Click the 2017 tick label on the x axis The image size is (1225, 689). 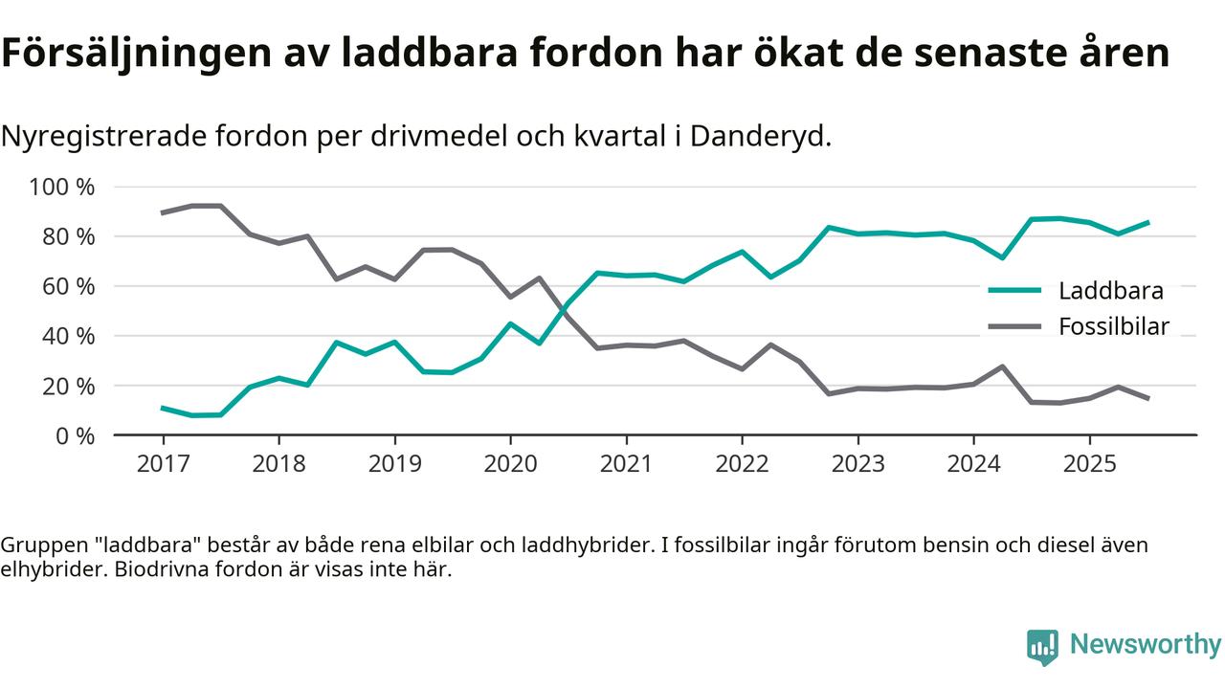pyautogui.click(x=163, y=464)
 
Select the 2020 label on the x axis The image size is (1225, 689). pyautogui.click(x=510, y=464)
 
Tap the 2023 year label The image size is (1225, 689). pyautogui.click(x=857, y=464)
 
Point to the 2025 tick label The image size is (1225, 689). pyautogui.click(x=1089, y=464)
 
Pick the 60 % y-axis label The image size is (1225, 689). pyautogui.click(x=68, y=286)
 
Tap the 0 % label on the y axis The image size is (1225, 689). pyautogui.click(x=74, y=435)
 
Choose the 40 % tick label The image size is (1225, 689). pyautogui.click(x=68, y=336)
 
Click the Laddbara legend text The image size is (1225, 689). pyautogui.click(x=1111, y=291)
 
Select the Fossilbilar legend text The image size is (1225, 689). pyautogui.click(x=1114, y=326)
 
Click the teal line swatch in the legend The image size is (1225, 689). pyautogui.click(x=1014, y=291)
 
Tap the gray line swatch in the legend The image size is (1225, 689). pyautogui.click(x=1014, y=326)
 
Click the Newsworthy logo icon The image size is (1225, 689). pyautogui.click(x=1042, y=646)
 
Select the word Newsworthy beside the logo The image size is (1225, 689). pyautogui.click(x=1146, y=644)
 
